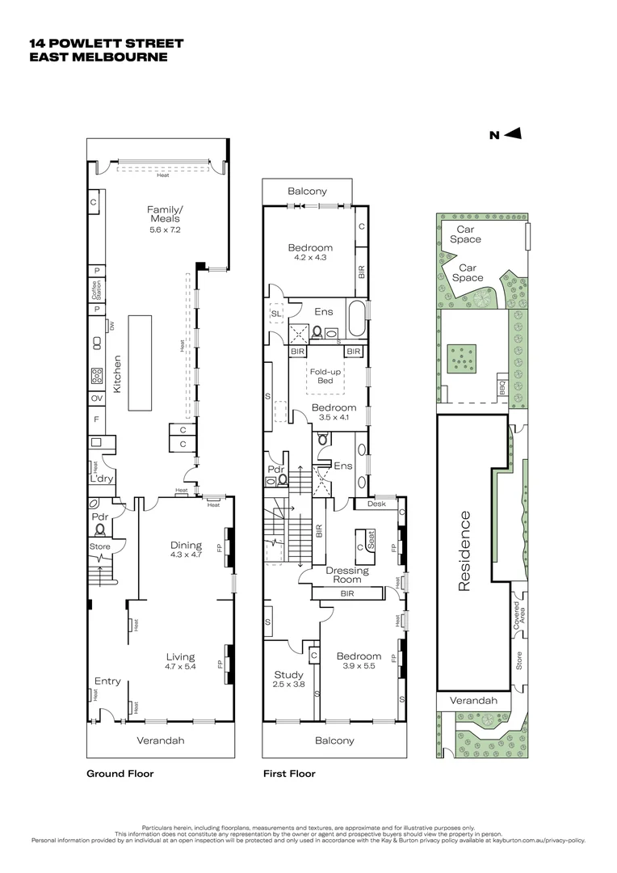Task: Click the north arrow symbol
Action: click(514, 135)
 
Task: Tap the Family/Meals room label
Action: click(163, 214)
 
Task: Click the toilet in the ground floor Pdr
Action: click(101, 530)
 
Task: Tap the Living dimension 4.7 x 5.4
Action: click(181, 667)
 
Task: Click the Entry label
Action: click(107, 681)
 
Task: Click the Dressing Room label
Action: click(347, 576)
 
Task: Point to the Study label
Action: click(288, 675)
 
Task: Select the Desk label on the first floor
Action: click(376, 504)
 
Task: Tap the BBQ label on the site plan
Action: click(502, 388)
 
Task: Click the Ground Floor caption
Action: click(120, 774)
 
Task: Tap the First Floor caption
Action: click(289, 774)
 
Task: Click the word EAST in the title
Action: click(48, 57)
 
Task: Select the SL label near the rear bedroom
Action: click(276, 313)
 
